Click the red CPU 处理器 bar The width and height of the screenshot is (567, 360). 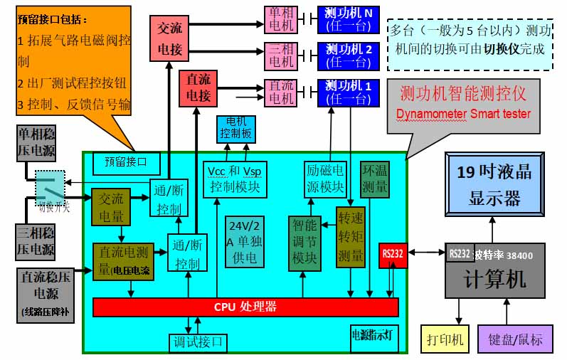coord(245,307)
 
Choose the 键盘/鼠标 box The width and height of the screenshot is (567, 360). coord(515,339)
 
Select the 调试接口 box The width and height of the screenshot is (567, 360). coord(198,343)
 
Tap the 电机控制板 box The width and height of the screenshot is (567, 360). coord(235,128)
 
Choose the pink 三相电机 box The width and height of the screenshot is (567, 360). coord(280,55)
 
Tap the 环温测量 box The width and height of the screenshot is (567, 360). coord(375,178)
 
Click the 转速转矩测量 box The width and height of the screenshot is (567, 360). coord(349,237)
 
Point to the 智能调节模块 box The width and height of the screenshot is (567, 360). coord(304,242)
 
